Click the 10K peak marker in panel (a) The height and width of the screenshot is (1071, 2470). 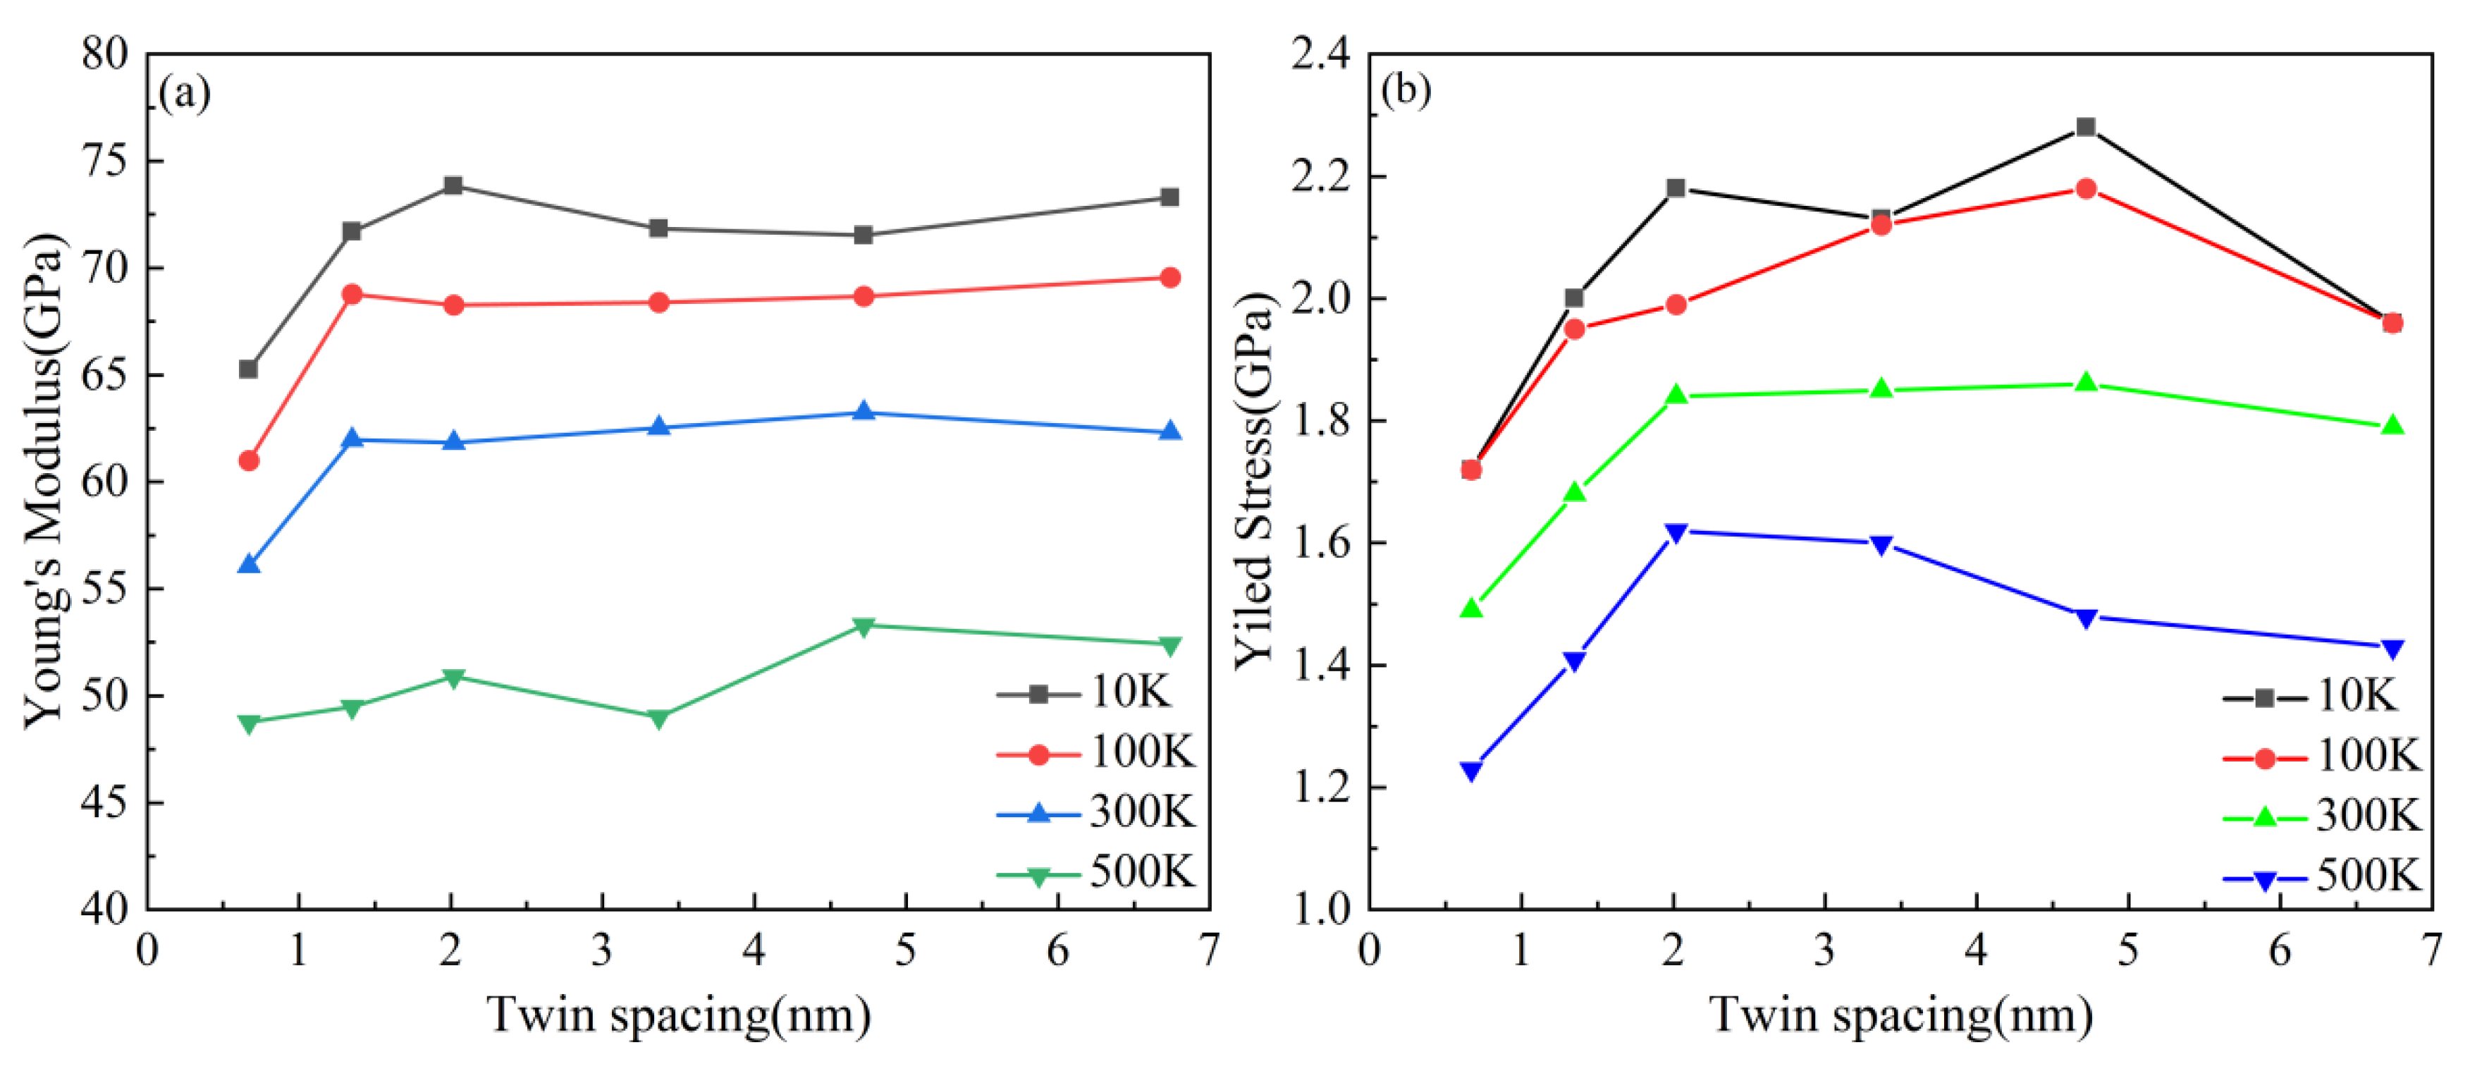click(453, 185)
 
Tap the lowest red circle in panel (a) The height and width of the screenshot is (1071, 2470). click(248, 461)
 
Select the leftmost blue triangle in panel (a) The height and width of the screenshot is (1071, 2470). click(248, 565)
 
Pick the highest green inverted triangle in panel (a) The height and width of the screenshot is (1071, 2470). click(863, 626)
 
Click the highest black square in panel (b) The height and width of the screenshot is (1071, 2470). click(2086, 128)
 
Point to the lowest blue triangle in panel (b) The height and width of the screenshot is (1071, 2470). click(1471, 771)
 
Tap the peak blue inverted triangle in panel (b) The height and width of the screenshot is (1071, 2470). click(1675, 532)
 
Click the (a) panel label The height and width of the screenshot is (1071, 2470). click(184, 93)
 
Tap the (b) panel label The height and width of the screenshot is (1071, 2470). click(1406, 90)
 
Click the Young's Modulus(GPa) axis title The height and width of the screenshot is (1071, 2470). click(44, 479)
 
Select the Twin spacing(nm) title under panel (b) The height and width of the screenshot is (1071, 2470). click(1900, 1015)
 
